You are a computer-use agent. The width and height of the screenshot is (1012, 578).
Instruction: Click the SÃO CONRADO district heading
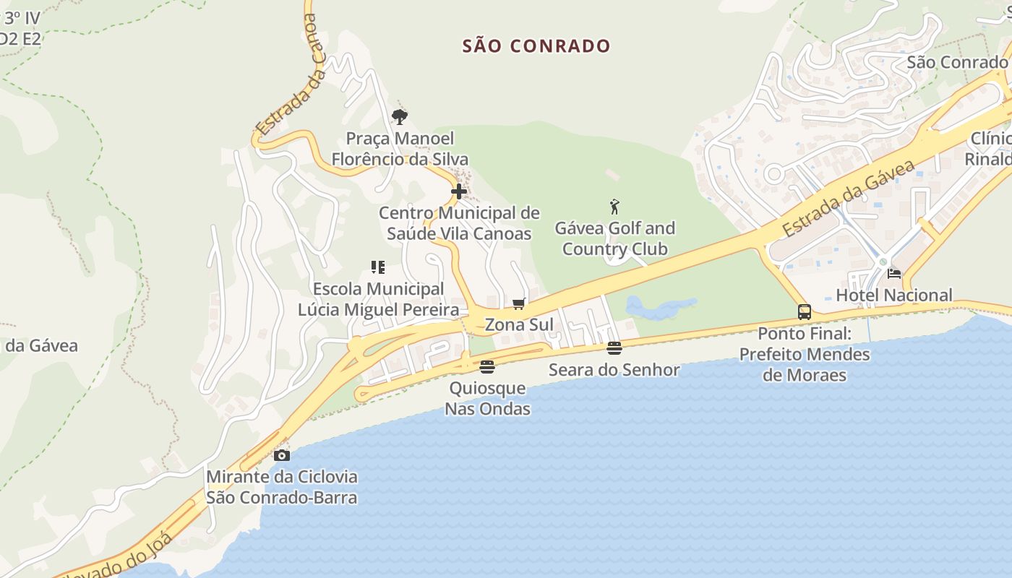click(536, 46)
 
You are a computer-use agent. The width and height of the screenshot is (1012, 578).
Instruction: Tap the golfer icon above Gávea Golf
click(614, 207)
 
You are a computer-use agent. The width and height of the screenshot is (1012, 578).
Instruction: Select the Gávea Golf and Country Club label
click(614, 238)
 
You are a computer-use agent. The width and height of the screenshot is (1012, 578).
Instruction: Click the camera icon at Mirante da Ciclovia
click(282, 455)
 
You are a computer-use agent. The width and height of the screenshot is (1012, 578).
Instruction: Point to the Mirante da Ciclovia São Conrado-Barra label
click(282, 487)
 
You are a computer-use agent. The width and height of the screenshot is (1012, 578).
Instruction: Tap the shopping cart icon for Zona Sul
click(518, 303)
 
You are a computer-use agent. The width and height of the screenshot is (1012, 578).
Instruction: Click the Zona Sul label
click(518, 324)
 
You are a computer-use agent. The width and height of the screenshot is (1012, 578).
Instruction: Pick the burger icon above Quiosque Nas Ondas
click(487, 367)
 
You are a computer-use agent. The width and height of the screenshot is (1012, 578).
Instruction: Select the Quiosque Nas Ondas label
click(487, 398)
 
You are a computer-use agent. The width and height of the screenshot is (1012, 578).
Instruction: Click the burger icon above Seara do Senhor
click(614, 348)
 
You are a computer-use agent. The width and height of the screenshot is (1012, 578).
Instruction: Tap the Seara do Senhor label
click(614, 370)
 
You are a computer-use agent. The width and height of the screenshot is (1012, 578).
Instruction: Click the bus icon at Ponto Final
click(805, 312)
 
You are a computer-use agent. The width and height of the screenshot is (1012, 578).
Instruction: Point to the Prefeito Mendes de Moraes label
click(805, 355)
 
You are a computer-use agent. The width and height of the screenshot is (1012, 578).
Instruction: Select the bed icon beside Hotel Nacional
click(894, 274)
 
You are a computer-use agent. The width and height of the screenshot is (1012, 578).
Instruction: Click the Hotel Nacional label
click(894, 295)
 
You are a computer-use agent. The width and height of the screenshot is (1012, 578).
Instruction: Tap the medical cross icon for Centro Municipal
click(459, 191)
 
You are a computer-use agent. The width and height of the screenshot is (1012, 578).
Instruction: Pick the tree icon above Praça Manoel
click(400, 116)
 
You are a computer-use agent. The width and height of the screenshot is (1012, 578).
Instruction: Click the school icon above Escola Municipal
click(377, 267)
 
